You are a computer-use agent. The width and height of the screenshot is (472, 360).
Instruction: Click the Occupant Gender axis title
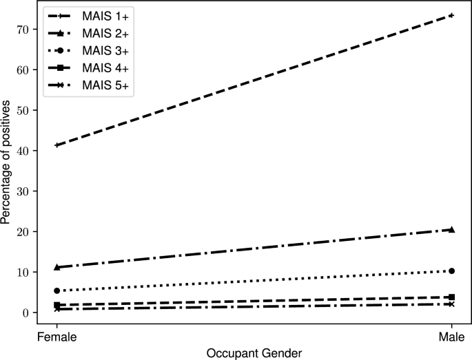254,352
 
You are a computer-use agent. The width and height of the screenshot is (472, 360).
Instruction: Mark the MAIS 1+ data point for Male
451,15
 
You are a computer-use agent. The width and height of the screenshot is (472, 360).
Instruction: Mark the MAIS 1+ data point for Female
57,145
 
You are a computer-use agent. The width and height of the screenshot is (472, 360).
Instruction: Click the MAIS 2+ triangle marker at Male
451,229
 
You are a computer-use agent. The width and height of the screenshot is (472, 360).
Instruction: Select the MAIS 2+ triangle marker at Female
57,267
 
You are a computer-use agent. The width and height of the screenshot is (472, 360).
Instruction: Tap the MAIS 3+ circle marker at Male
451,271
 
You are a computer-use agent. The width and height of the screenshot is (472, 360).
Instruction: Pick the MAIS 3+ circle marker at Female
57,290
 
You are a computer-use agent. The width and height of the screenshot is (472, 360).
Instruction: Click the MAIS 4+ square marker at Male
451,297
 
